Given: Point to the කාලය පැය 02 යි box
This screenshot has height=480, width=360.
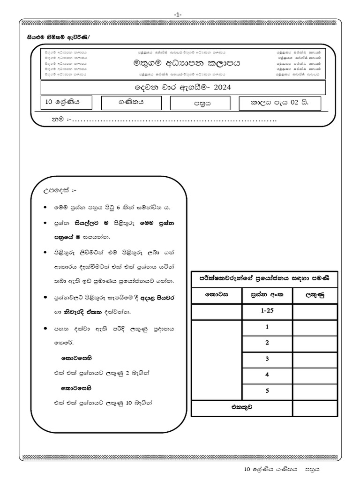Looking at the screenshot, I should coord(280,103).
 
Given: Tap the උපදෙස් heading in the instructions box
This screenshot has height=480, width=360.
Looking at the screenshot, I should coord(60,191).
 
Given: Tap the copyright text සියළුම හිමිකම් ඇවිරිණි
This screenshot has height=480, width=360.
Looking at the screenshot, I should coord(52,37).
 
